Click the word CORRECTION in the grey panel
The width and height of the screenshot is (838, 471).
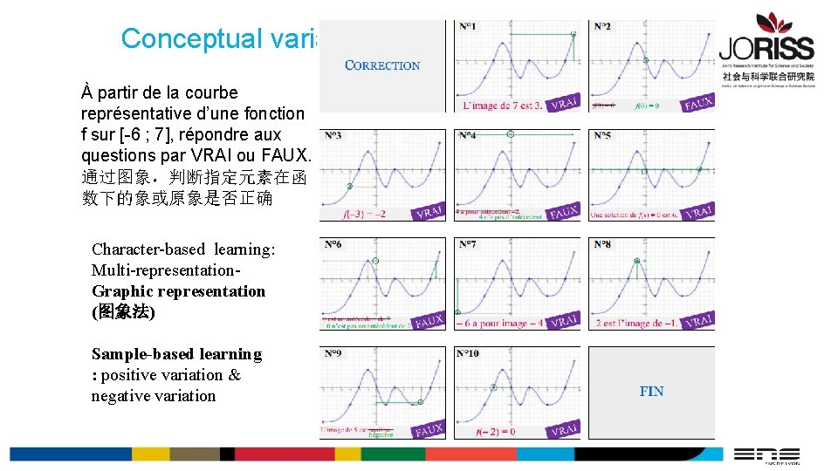(x=382, y=65)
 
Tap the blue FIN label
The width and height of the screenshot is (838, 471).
(x=651, y=392)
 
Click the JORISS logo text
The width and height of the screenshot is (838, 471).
(x=766, y=49)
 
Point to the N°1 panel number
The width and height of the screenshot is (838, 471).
(x=468, y=27)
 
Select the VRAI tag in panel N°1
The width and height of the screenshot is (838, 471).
(x=564, y=103)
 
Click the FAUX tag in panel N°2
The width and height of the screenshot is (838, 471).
(x=697, y=103)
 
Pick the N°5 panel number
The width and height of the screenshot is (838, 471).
(x=602, y=136)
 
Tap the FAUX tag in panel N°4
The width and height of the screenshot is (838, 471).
(x=564, y=212)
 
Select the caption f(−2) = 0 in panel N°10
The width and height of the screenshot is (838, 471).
(x=495, y=431)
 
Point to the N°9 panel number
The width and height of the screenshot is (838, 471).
(x=333, y=354)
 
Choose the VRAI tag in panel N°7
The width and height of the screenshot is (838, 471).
(x=564, y=321)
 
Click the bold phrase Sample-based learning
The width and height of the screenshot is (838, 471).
(x=176, y=354)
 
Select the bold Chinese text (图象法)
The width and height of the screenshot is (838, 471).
(x=123, y=311)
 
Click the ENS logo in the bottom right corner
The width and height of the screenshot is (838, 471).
(x=766, y=454)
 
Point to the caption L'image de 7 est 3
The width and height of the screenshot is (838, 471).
(x=500, y=106)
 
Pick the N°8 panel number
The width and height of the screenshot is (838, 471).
(x=602, y=245)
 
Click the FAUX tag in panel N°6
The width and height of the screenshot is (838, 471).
(x=429, y=321)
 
